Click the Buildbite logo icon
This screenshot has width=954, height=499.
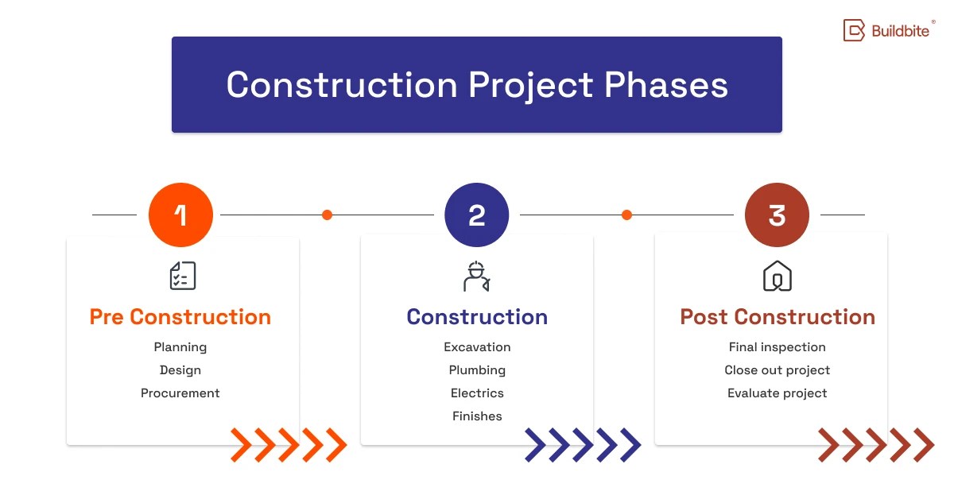pyautogui.click(x=854, y=31)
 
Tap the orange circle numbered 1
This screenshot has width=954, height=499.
pyautogui.click(x=180, y=215)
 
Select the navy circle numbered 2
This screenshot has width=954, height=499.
pyautogui.click(x=477, y=215)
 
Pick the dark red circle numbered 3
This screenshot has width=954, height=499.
pyautogui.click(x=777, y=215)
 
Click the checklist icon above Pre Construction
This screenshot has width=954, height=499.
pyautogui.click(x=182, y=276)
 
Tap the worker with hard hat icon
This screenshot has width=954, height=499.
pyautogui.click(x=477, y=276)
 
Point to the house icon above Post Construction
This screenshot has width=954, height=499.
pyautogui.click(x=777, y=276)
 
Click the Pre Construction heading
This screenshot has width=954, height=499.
pyautogui.click(x=180, y=317)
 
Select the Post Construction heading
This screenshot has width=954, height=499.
pyautogui.click(x=777, y=317)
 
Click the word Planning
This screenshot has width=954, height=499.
pyautogui.click(x=180, y=347)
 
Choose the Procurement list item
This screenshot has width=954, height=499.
pyautogui.click(x=180, y=393)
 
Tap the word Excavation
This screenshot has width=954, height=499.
pyautogui.click(x=477, y=347)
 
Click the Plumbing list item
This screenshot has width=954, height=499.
pyautogui.click(x=477, y=370)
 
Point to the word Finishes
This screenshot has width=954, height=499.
pyautogui.click(x=477, y=416)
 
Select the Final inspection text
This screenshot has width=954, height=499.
pyautogui.click(x=777, y=347)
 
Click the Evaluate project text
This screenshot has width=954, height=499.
pyautogui.click(x=777, y=393)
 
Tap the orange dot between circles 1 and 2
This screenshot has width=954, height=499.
pyautogui.click(x=327, y=215)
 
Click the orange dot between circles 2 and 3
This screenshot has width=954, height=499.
pyautogui.click(x=626, y=215)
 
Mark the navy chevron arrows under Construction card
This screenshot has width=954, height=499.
pyautogui.click(x=583, y=445)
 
